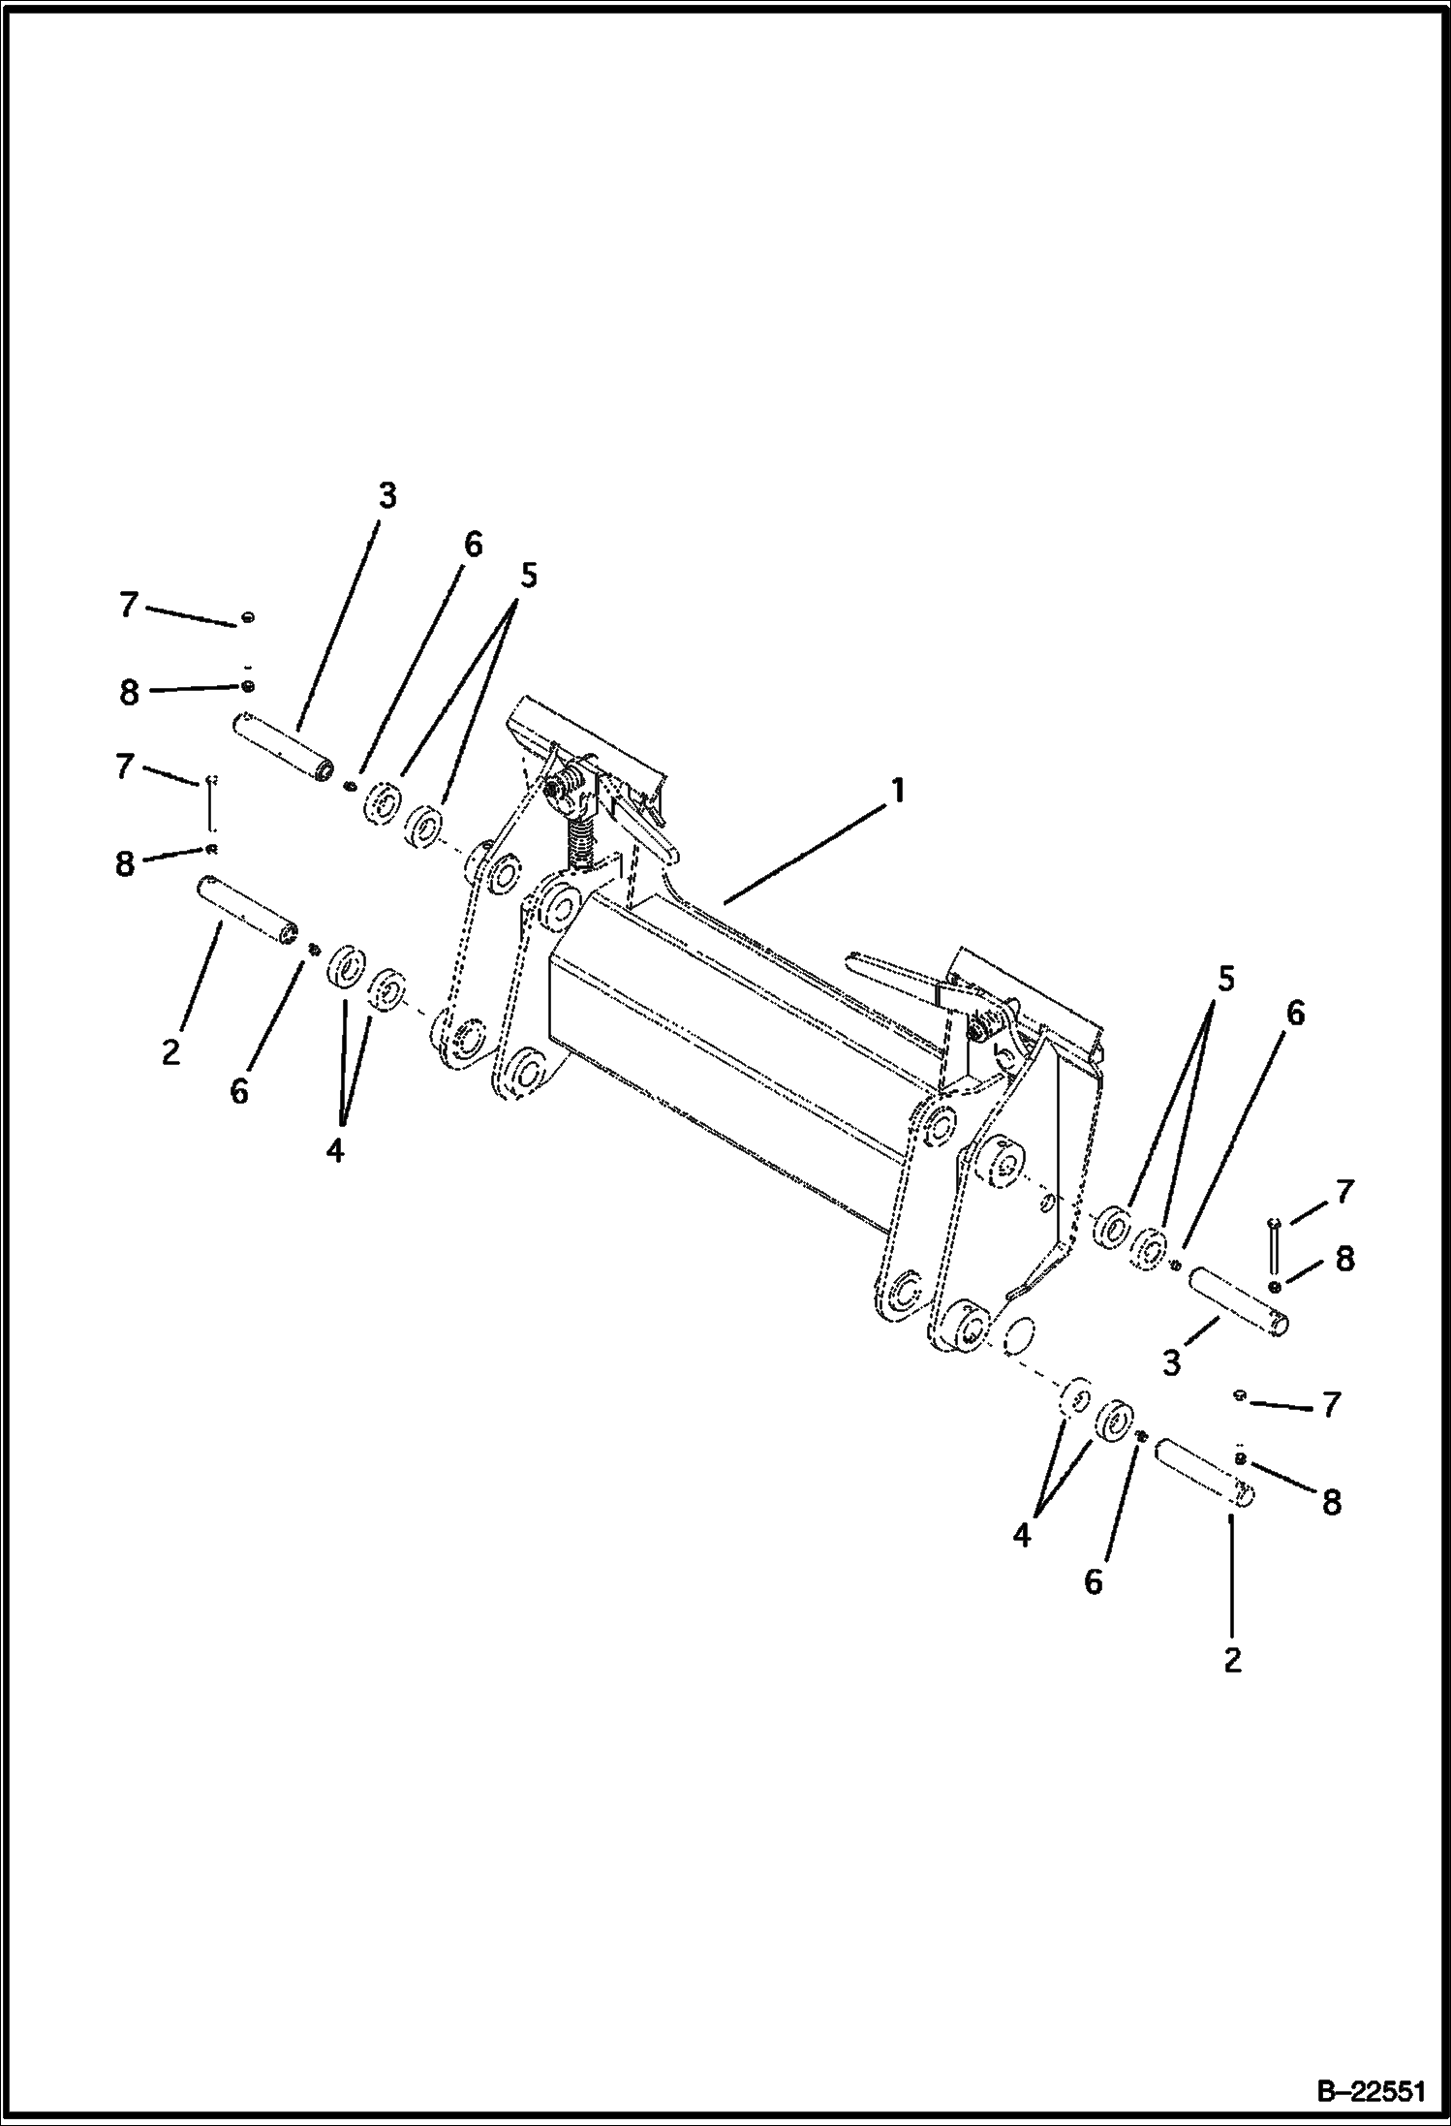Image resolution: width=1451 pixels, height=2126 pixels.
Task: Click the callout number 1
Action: (x=898, y=792)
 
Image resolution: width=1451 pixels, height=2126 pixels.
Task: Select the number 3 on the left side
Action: (x=386, y=496)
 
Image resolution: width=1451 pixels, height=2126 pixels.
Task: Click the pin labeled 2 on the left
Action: (x=247, y=909)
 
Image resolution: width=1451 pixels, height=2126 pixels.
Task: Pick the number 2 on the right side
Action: (x=1232, y=1660)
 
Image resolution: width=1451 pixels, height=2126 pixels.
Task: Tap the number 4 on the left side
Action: (x=335, y=1150)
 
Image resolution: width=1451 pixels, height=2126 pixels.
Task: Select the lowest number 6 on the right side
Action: (x=1093, y=1582)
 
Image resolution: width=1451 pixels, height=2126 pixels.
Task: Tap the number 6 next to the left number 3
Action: (x=472, y=545)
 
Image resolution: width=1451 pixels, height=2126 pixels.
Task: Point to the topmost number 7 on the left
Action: (x=129, y=606)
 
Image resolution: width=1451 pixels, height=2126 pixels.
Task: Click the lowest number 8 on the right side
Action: (x=1332, y=1503)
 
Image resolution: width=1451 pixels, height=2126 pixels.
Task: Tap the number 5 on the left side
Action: (x=528, y=576)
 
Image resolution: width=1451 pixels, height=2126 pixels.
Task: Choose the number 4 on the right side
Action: (x=1022, y=1536)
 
